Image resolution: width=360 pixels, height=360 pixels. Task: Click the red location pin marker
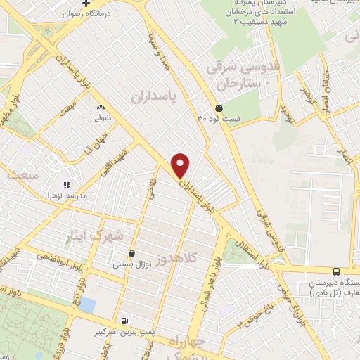tap(181, 165)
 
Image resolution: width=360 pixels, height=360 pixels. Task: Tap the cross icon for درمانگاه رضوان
tap(86, 3)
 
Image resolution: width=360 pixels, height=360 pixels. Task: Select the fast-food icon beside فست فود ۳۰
tap(219, 108)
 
